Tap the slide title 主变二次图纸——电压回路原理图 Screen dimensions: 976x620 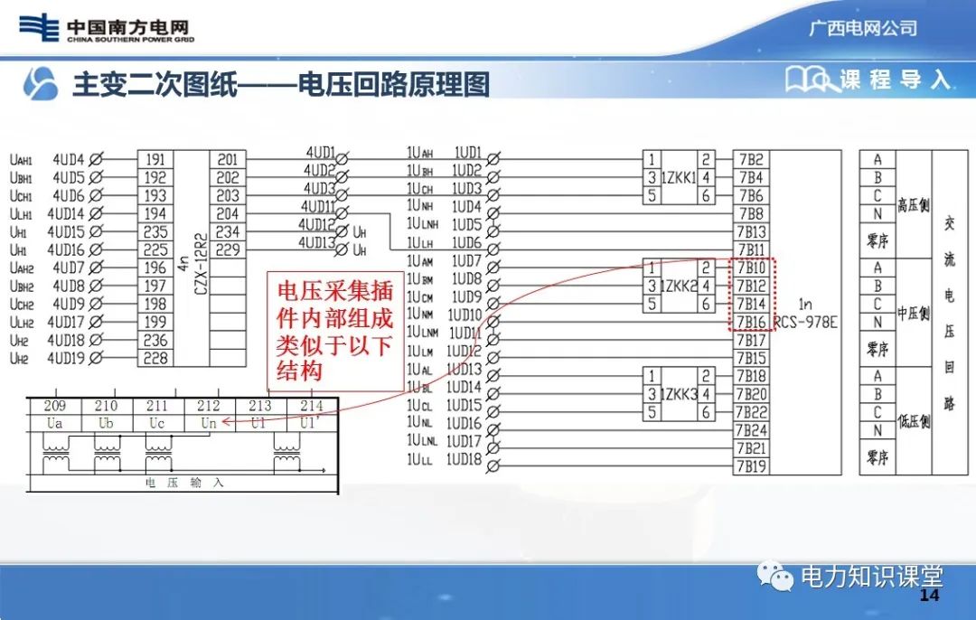pyautogui.click(x=280, y=84)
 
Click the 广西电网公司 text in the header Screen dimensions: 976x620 pyautogui.click(x=862, y=28)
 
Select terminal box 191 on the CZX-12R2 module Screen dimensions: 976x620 pyautogui.click(x=155, y=160)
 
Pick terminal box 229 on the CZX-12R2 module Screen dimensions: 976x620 pyautogui.click(x=228, y=249)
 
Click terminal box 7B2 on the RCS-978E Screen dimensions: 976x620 pyautogui.click(x=750, y=160)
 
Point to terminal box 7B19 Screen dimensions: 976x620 pyautogui.click(x=750, y=466)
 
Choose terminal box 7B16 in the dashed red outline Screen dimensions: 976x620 pyautogui.click(x=750, y=323)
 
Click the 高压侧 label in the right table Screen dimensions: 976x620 pyautogui.click(x=913, y=204)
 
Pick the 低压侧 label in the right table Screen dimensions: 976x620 pyautogui.click(x=913, y=421)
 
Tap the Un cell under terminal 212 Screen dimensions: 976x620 pyautogui.click(x=208, y=422)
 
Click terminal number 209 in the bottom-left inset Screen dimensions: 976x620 pyautogui.click(x=54, y=407)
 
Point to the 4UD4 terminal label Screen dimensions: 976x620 pyautogui.click(x=68, y=160)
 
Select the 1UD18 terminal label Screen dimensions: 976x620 pyautogui.click(x=466, y=459)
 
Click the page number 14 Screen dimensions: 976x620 pyautogui.click(x=929, y=597)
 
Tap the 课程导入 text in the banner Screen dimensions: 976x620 pyautogui.click(x=895, y=80)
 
